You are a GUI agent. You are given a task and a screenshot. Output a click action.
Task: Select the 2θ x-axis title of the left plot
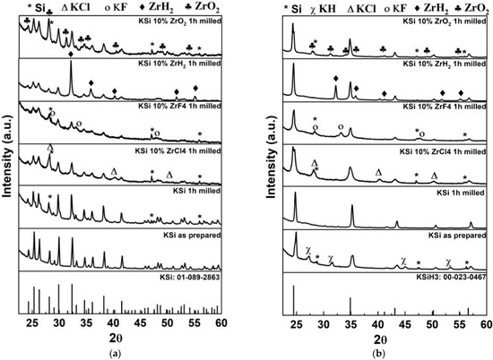click(125, 339)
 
